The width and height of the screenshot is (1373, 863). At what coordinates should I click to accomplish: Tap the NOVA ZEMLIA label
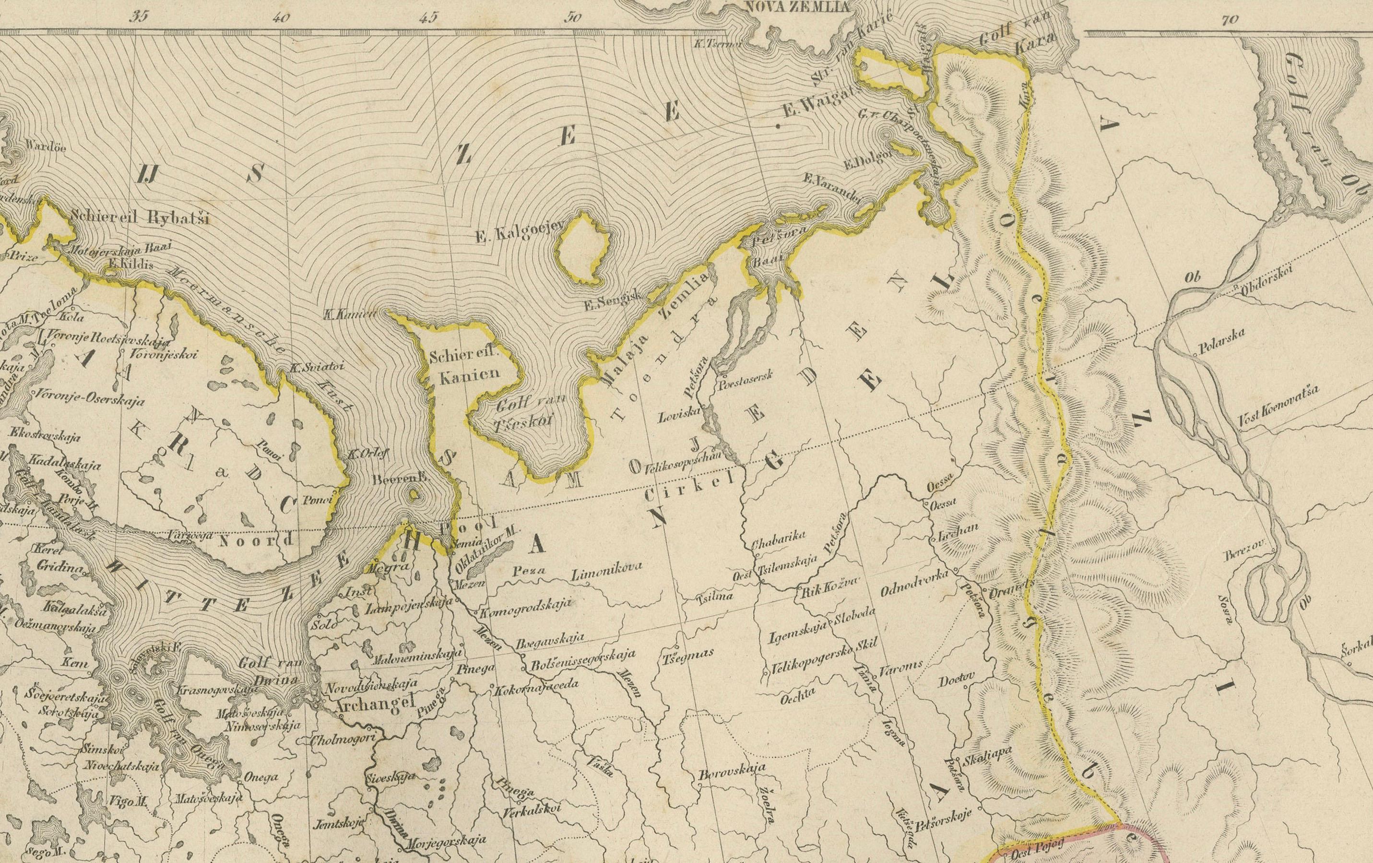[x=797, y=7]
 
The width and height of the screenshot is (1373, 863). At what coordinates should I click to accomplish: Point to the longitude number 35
[x=139, y=16]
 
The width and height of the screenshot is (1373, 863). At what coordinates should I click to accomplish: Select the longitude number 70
[x=1230, y=19]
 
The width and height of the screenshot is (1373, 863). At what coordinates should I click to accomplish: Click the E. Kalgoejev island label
[x=520, y=233]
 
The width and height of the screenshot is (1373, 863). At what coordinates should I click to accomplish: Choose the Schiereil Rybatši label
[x=140, y=218]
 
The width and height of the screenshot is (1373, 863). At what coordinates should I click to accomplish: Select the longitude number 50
[x=572, y=18]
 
